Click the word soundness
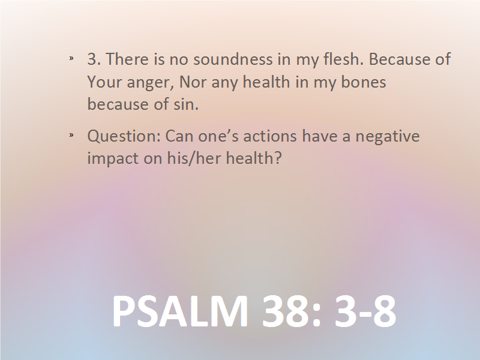coord(233,59)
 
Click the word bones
coord(364,82)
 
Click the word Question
coord(124,136)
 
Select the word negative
coord(387,137)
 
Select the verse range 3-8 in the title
coord(365,311)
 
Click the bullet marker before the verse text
coord(71,58)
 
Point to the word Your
coord(104,82)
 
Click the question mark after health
coord(278,158)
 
